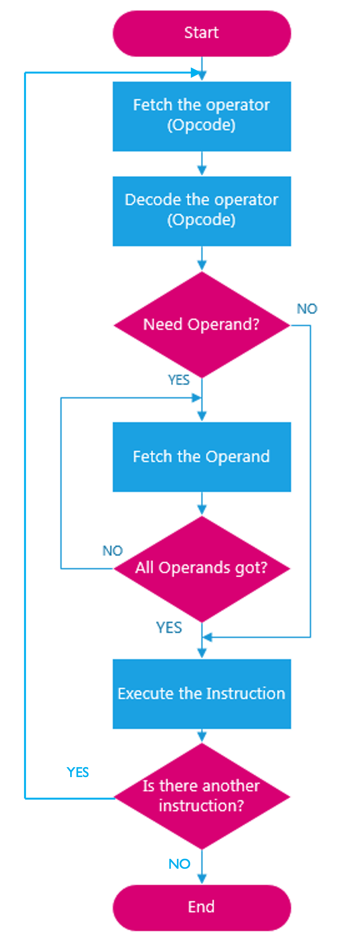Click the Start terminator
(202, 33)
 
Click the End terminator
(202, 907)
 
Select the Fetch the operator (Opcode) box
(202, 116)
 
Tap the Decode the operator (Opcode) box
(202, 211)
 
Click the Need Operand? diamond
(202, 324)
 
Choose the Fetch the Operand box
(202, 457)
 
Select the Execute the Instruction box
(202, 693)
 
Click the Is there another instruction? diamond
(202, 796)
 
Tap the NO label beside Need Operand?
(307, 309)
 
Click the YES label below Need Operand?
(179, 380)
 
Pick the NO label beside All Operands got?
(112, 551)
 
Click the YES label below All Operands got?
(169, 628)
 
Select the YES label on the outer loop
(77, 772)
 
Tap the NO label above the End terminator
(179, 864)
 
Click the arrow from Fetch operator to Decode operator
(202, 164)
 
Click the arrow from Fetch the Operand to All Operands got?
(202, 504)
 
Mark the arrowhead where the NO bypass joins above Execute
(207, 637)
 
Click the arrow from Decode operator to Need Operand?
(202, 259)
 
